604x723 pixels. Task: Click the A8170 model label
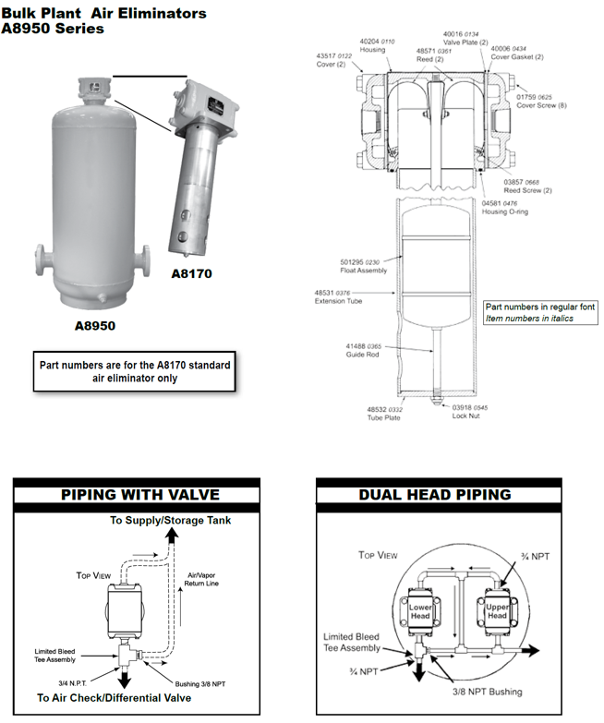click(x=192, y=273)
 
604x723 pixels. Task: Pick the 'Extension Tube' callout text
click(x=335, y=298)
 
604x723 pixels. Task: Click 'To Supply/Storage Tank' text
click(x=171, y=520)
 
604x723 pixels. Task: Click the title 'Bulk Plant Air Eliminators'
click(x=103, y=14)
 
